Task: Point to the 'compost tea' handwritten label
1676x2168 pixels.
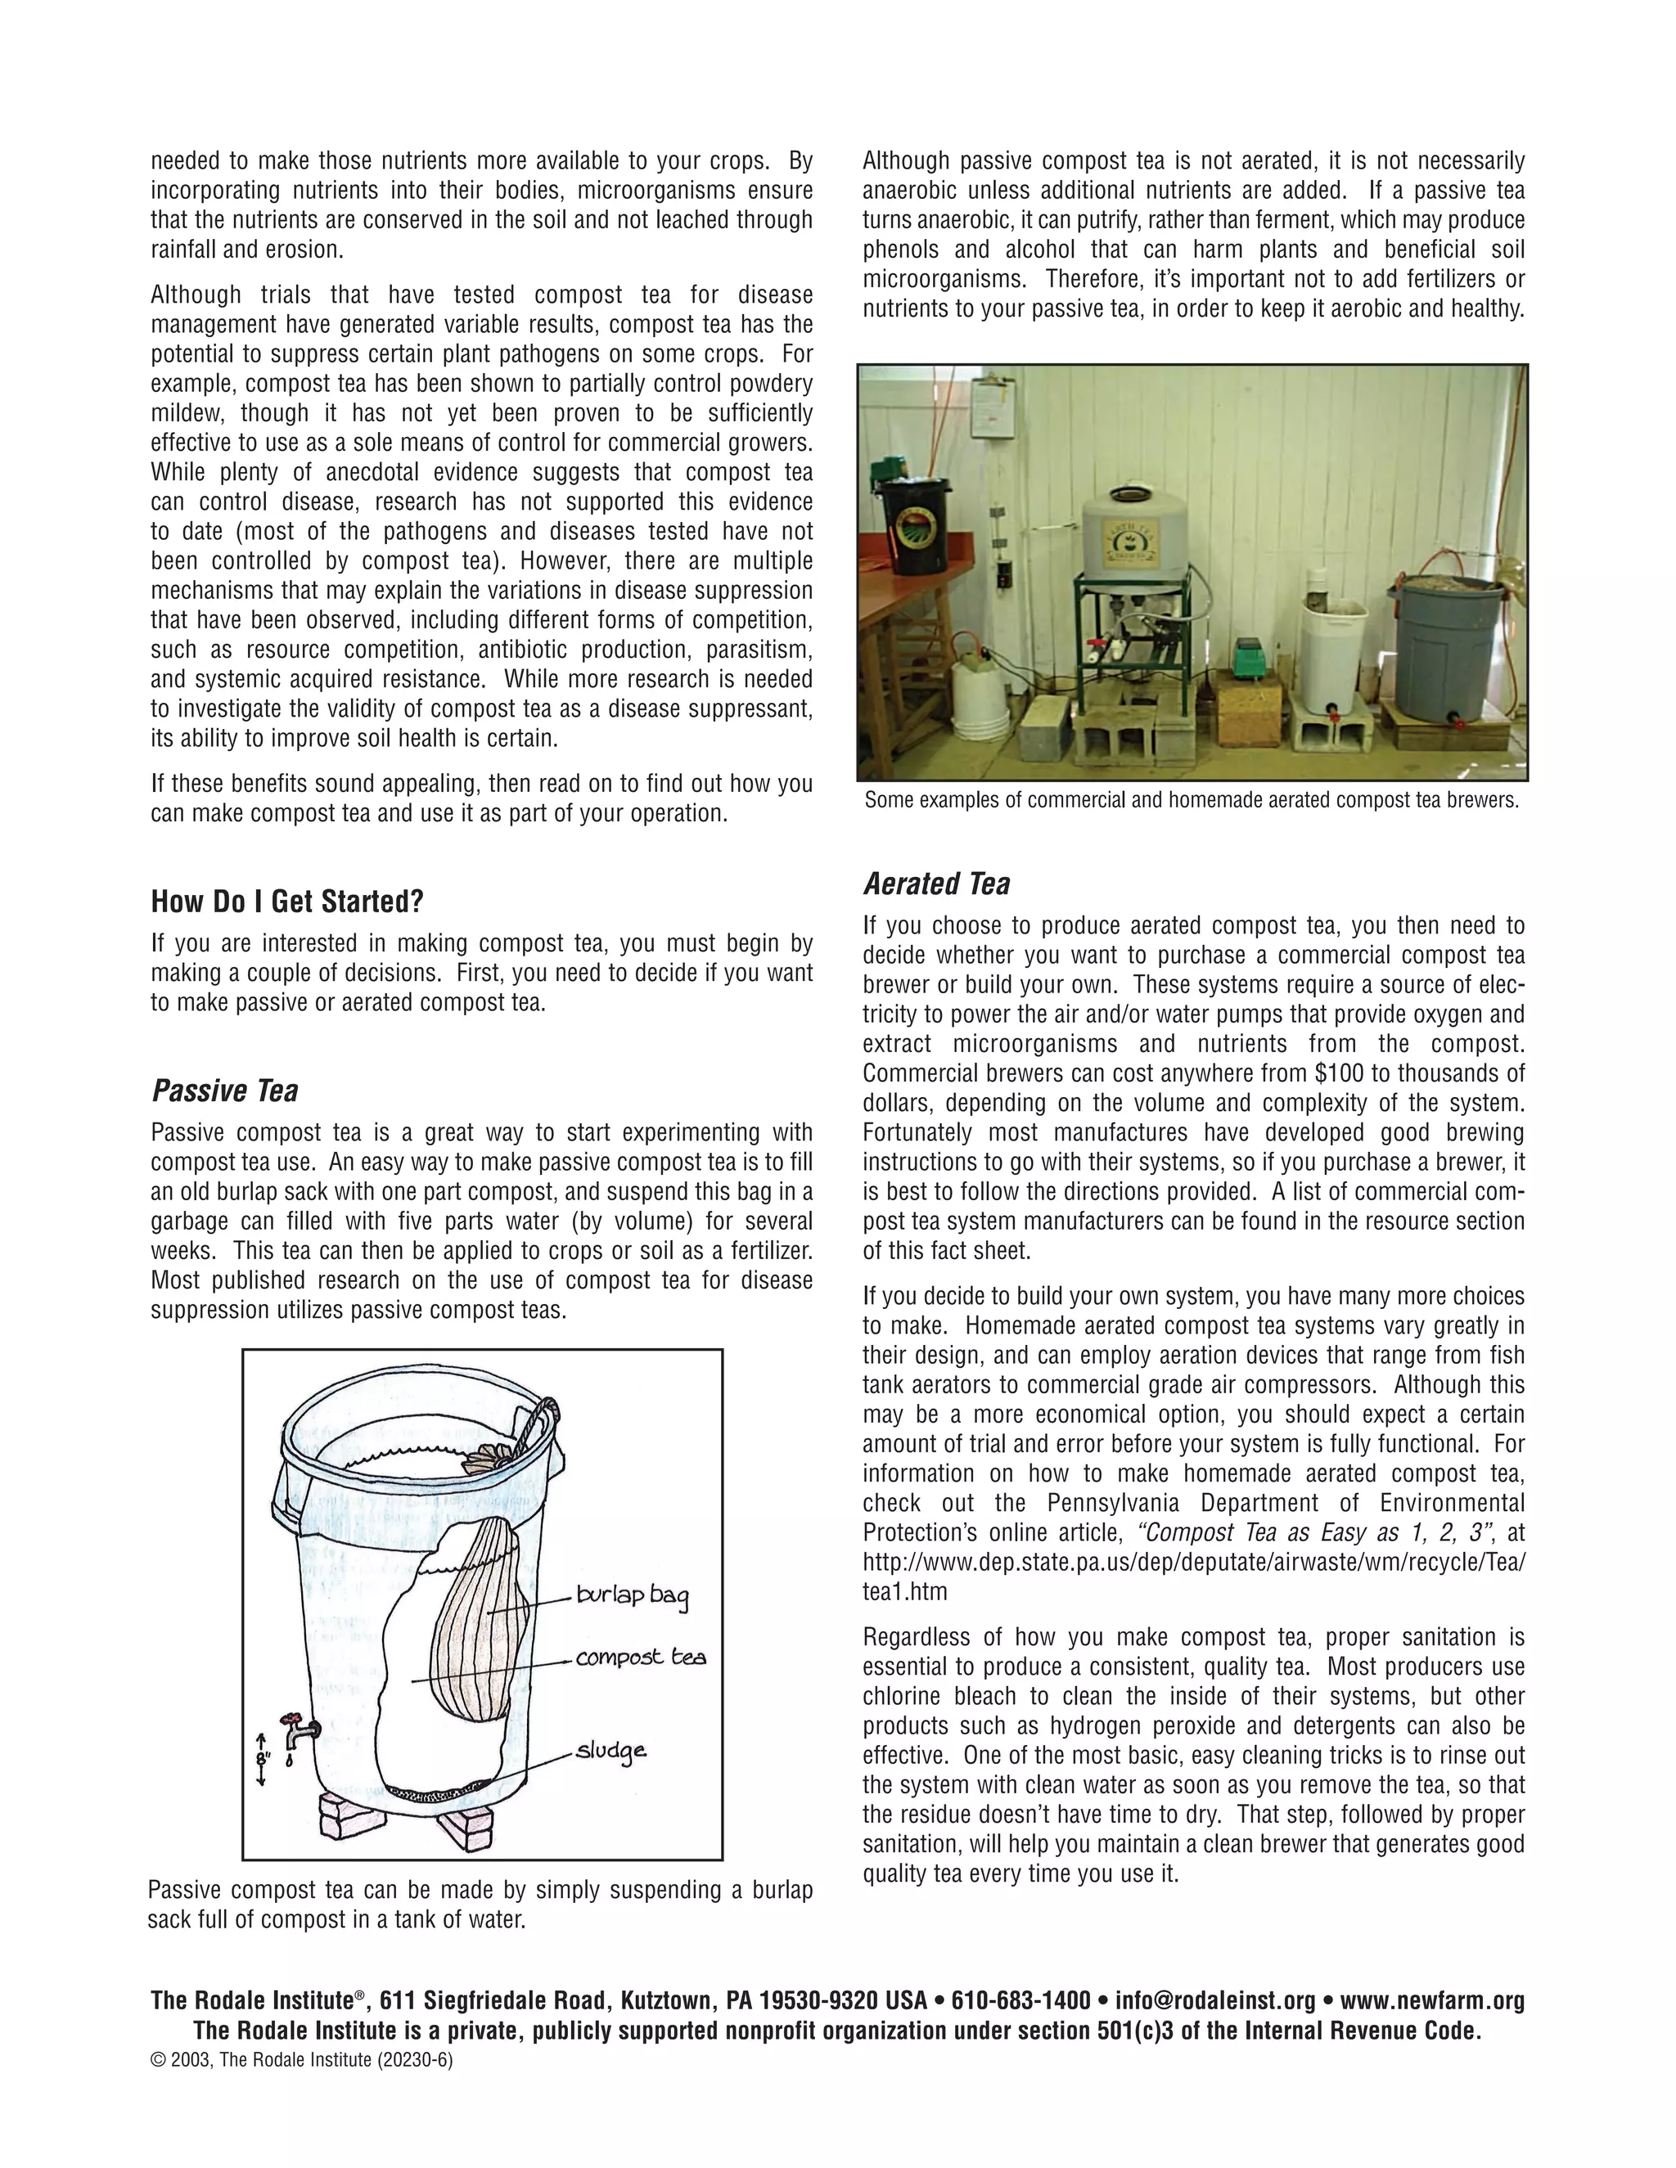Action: (641, 1657)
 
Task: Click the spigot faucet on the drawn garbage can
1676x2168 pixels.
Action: (298, 1730)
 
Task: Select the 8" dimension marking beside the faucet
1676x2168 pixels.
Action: (261, 1758)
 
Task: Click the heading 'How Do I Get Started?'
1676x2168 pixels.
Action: (287, 902)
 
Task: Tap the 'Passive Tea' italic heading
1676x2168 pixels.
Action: (224, 1091)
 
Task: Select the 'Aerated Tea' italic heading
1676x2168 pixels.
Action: (936, 884)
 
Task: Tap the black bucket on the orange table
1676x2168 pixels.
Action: (916, 525)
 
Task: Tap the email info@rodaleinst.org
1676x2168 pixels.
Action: (1214, 1999)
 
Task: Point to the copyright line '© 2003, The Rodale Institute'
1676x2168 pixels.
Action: (301, 2060)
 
